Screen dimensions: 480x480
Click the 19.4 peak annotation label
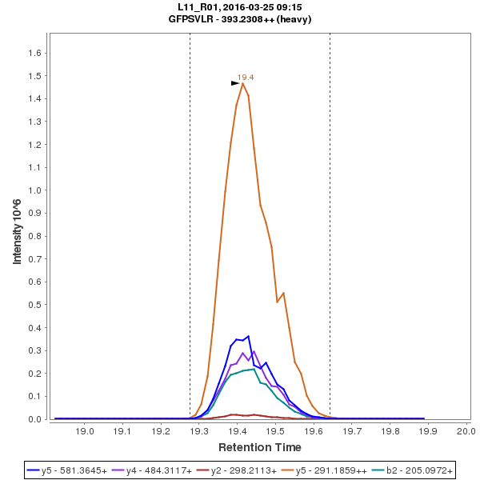(x=246, y=77)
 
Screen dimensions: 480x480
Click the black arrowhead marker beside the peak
(x=235, y=82)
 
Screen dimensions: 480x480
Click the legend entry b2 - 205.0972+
(x=415, y=470)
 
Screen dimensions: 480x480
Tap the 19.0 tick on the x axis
(x=85, y=431)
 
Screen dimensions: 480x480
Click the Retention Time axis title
(x=260, y=446)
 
